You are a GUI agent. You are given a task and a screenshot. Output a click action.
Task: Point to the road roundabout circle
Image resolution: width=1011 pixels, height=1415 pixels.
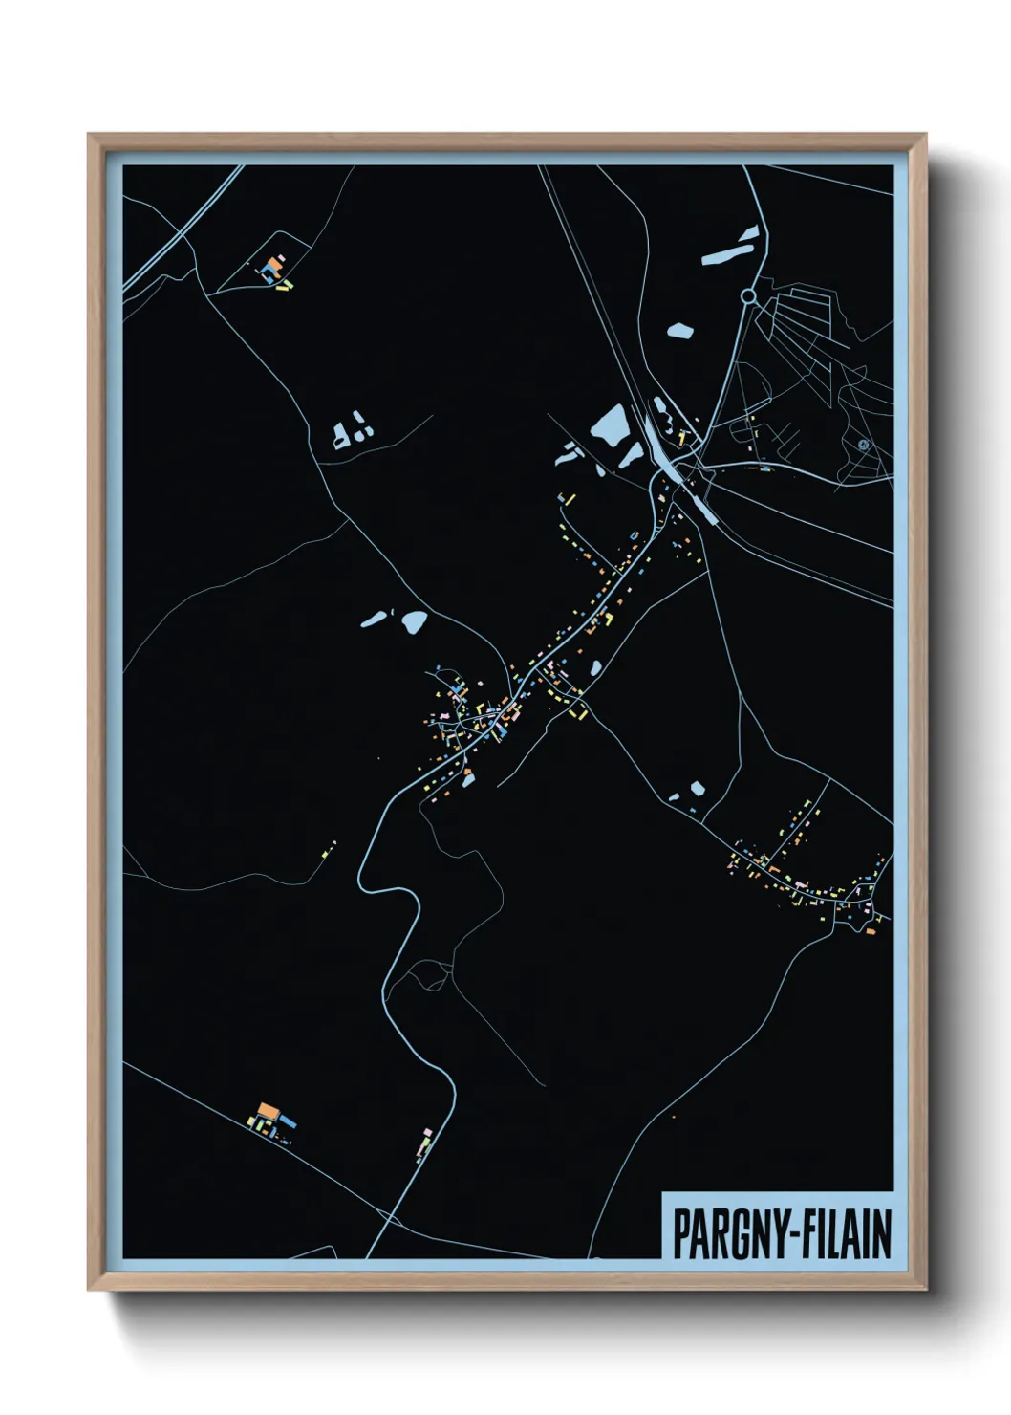pos(748,297)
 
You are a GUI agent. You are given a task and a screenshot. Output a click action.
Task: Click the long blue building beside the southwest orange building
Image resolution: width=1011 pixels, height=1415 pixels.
pos(288,1120)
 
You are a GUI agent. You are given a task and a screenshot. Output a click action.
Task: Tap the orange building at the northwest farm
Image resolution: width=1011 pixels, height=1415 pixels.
pos(275,261)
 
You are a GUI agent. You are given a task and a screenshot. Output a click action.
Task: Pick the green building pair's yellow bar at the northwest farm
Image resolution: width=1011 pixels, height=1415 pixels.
pos(287,284)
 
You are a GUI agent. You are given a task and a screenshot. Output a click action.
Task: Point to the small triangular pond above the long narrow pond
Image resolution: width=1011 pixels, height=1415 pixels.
pos(751,230)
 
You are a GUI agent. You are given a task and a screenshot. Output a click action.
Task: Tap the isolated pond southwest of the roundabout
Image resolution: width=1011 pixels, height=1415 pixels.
pos(679,331)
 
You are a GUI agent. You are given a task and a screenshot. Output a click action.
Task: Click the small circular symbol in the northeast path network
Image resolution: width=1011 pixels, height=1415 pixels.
pos(863,444)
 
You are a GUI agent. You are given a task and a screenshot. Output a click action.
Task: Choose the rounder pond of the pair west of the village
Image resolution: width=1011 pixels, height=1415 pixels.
pos(414,621)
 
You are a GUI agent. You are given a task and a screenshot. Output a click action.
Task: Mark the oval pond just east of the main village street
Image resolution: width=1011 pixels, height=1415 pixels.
pos(595,667)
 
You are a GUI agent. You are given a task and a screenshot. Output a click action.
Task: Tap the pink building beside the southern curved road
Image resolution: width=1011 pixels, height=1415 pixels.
pos(425,1134)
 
